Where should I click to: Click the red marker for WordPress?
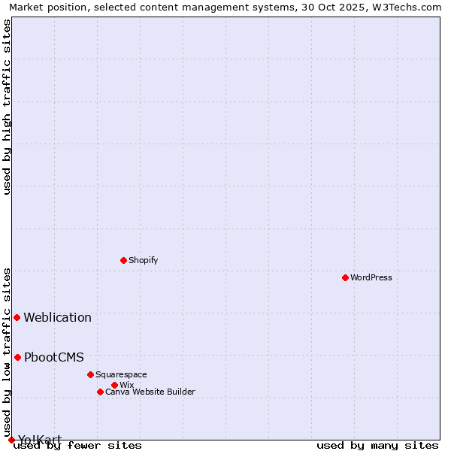coord(345,277)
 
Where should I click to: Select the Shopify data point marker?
coord(123,260)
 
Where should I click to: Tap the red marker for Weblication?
coord(17,317)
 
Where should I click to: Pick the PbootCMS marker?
coord(17,357)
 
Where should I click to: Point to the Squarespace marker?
coord(90,374)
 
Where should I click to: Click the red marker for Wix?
coord(114,385)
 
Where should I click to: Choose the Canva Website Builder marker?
coord(100,392)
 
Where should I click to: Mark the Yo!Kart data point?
coord(11,440)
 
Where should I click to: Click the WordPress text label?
coord(371,277)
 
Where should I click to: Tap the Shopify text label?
coord(143,260)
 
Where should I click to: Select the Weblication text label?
coord(57,317)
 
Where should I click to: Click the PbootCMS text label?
coord(53,357)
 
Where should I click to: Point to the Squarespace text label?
coord(121,374)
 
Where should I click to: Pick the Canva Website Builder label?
coord(150,392)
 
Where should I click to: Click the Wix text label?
coord(126,385)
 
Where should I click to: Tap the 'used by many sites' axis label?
coord(377,445)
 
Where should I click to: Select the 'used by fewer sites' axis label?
coord(77,445)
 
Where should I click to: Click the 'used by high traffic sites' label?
coord(8,107)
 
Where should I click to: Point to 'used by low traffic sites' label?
coord(8,352)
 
